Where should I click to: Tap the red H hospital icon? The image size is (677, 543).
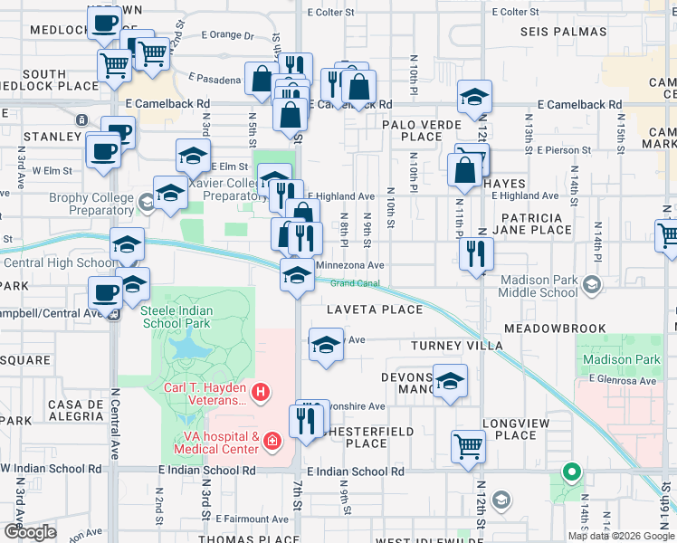click(x=261, y=392)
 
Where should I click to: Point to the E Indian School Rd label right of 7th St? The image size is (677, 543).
click(x=355, y=472)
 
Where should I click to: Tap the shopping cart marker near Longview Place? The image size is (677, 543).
click(x=468, y=445)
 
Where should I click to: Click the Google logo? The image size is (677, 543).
click(x=30, y=532)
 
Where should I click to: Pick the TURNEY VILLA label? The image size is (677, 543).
click(x=456, y=346)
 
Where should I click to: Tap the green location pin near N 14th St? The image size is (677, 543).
click(x=571, y=472)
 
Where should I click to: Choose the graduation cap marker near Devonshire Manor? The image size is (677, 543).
click(x=450, y=381)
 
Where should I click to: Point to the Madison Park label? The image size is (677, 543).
click(x=622, y=359)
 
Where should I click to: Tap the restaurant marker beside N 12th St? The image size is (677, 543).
click(x=475, y=253)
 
